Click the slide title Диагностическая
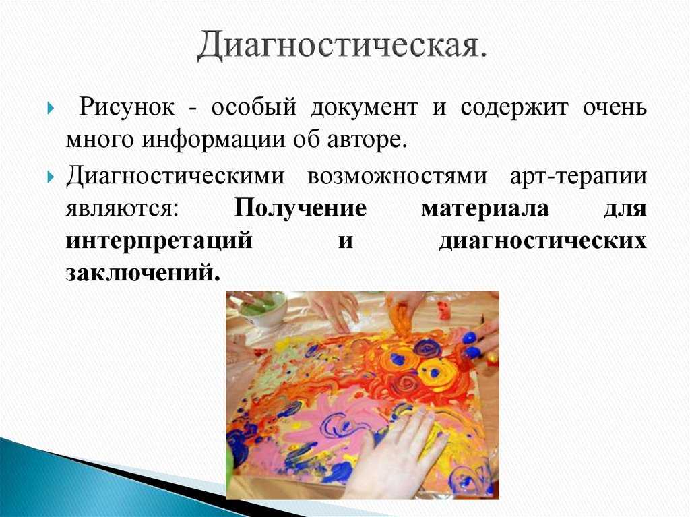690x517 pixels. pos(342,46)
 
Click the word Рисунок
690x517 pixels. pos(127,107)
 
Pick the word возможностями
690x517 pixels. pos(398,176)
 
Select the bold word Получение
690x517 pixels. pos(301,209)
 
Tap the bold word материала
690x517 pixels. pos(485,209)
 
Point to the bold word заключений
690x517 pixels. pos(143,273)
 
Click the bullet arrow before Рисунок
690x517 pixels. pos(50,108)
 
